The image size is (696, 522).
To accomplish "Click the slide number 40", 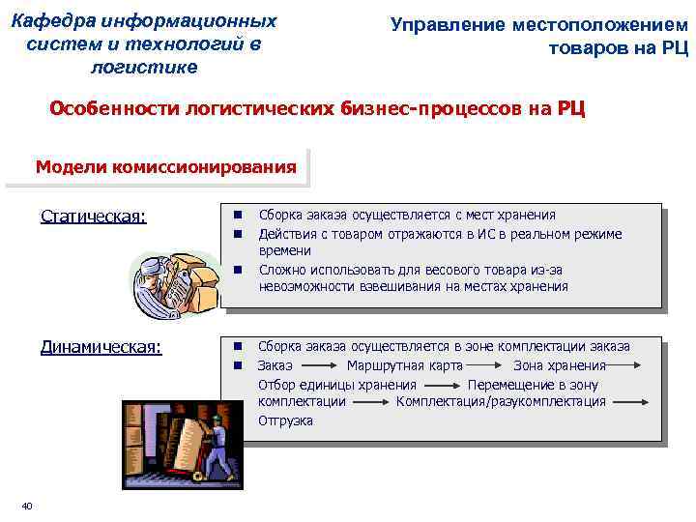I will coord(27,507).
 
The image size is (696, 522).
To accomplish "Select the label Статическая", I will coord(94,216).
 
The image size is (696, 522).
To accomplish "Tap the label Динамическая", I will coord(101,346).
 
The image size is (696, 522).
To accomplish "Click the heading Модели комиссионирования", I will coord(165,166).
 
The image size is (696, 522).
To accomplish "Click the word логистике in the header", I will coord(143,68).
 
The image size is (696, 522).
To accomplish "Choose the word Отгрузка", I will coord(285,420).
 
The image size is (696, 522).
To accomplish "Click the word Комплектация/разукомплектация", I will coord(501,401).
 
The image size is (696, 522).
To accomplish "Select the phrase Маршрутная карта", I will coord(404,365).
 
